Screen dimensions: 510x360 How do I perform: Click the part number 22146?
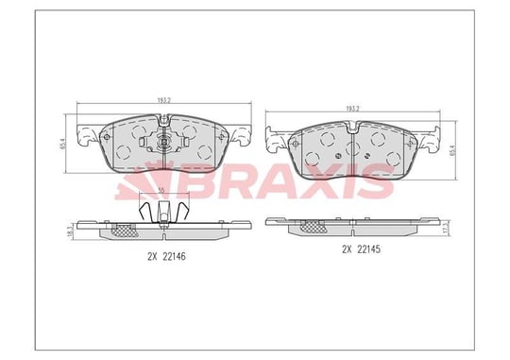tap(174, 257)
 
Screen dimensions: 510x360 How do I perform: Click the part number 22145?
tap(369, 249)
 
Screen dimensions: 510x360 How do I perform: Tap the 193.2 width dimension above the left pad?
tap(164, 100)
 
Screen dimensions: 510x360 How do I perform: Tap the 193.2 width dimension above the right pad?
tap(352, 109)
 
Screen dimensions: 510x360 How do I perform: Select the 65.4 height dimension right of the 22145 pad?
tap(452, 150)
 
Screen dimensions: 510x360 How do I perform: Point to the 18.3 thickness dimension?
tap(69, 231)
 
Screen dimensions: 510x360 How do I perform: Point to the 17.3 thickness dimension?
tap(449, 226)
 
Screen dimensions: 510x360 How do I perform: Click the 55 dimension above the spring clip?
tap(161, 192)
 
